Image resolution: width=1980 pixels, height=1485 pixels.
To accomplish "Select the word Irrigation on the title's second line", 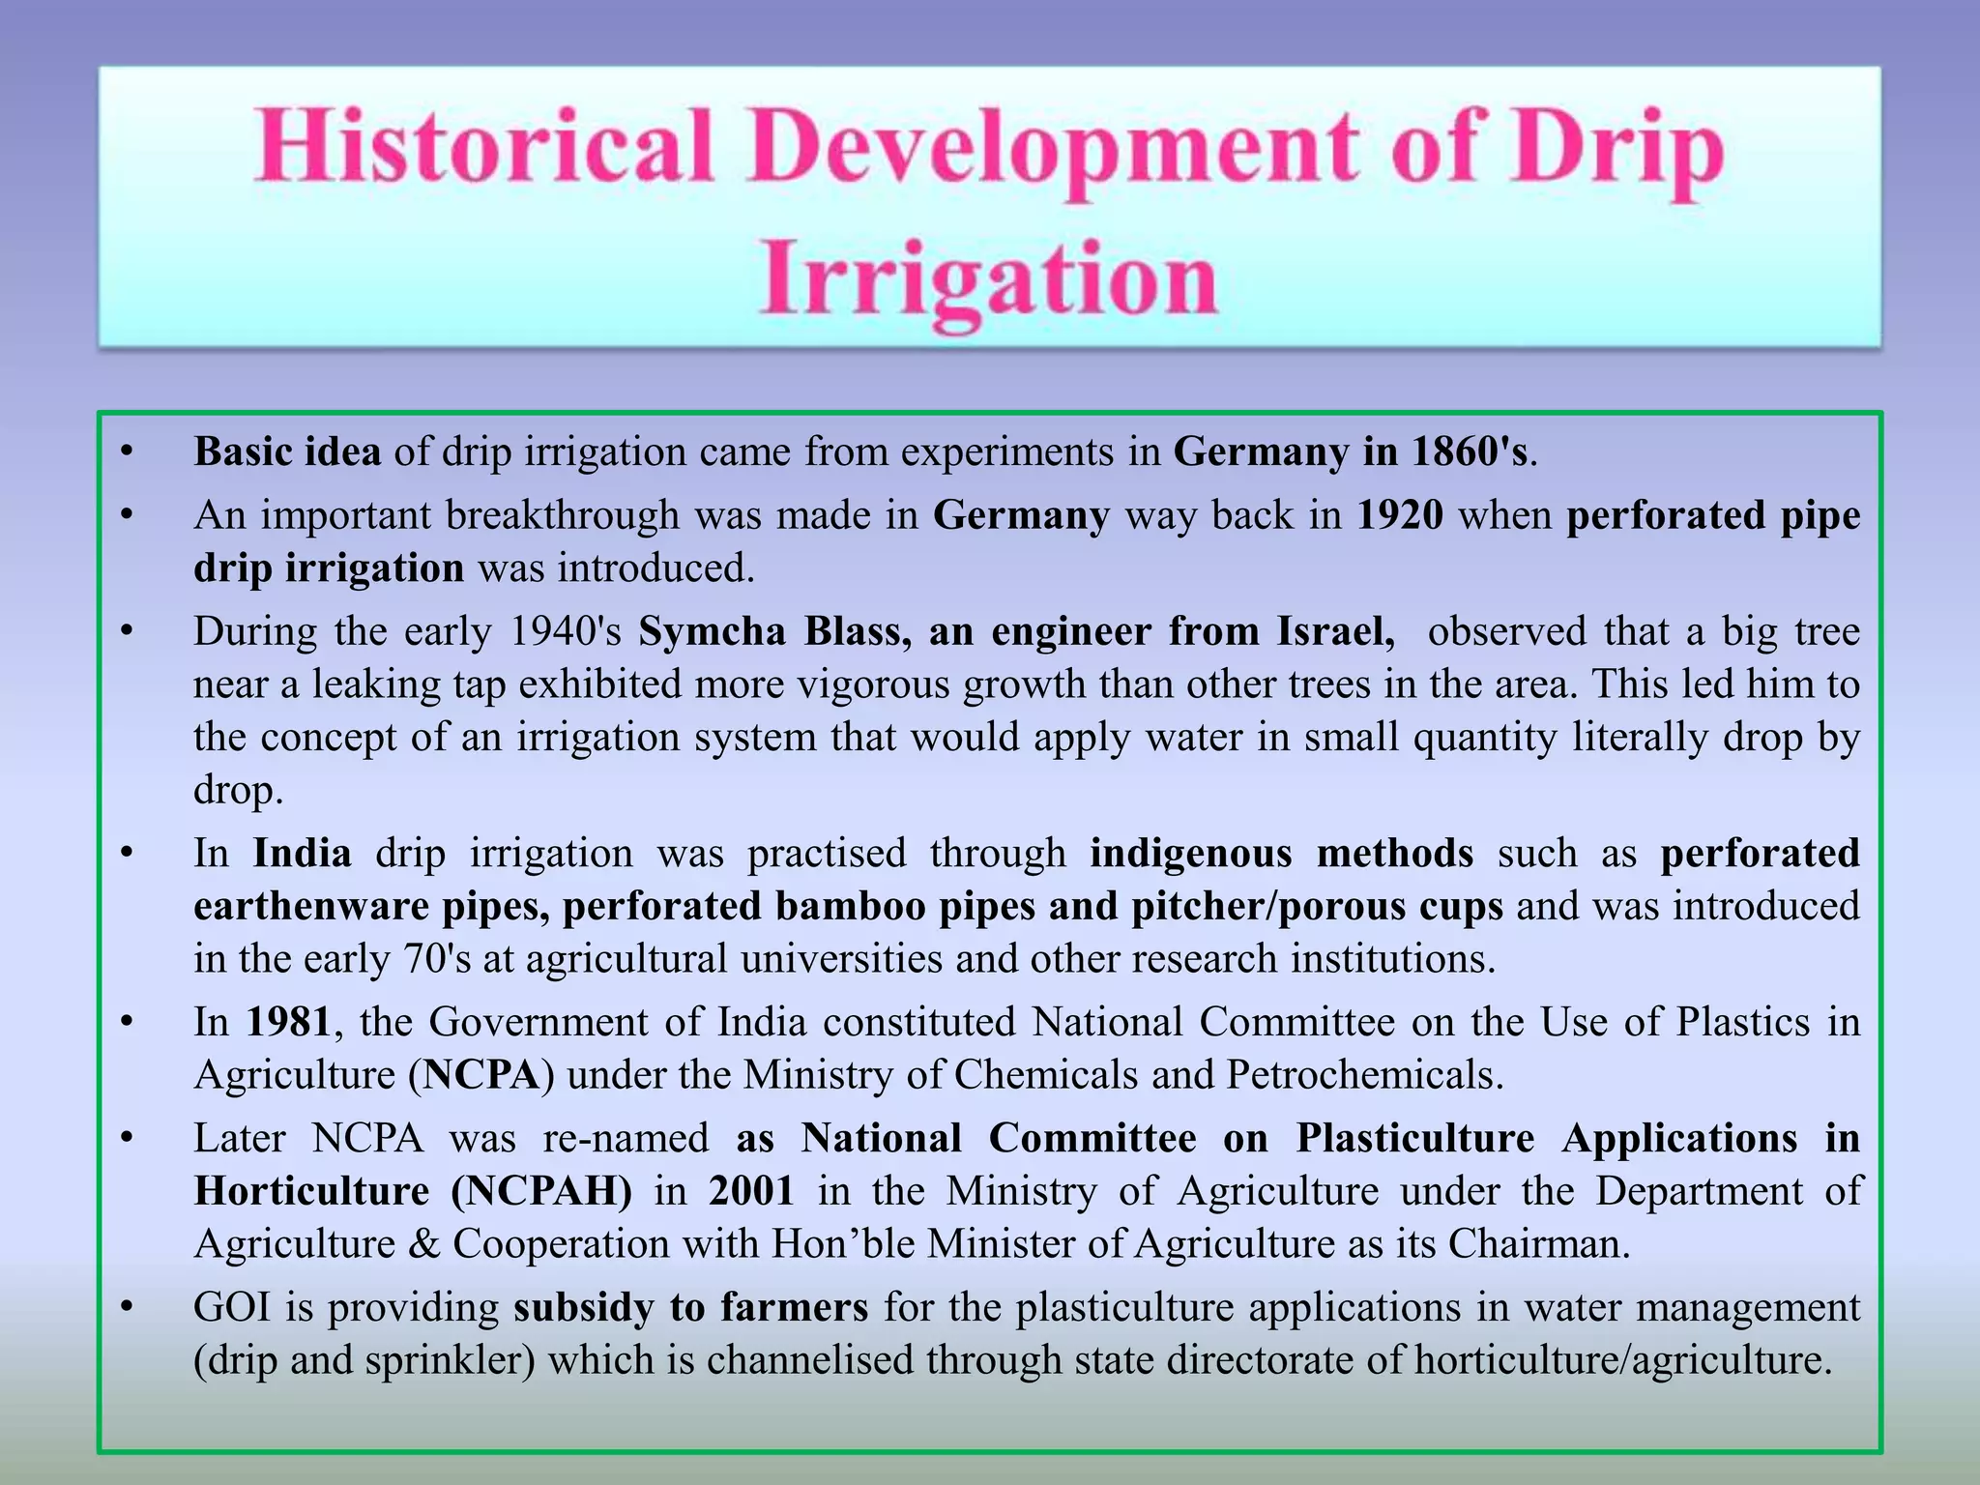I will tap(988, 279).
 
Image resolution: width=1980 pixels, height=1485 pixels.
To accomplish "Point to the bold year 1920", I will tap(1400, 515).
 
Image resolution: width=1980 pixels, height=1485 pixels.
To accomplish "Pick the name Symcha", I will tap(713, 631).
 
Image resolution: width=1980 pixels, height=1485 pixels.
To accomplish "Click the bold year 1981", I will tap(289, 1022).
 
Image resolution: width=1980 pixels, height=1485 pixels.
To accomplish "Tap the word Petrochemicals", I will tap(1363, 1075).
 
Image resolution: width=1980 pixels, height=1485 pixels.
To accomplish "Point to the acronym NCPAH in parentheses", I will tap(542, 1191).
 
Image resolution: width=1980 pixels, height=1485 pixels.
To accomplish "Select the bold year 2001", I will tap(751, 1191).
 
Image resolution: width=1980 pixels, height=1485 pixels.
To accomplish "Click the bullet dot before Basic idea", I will tap(126, 451).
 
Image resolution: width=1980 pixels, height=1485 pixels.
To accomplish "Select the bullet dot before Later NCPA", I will tap(126, 1139).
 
